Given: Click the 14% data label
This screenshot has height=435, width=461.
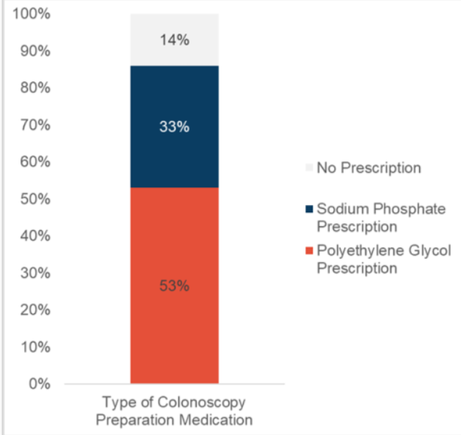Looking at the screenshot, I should (x=174, y=40).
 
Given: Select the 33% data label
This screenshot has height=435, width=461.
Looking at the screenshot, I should (x=174, y=126).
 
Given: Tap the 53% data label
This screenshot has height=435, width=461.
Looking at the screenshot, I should (x=174, y=286).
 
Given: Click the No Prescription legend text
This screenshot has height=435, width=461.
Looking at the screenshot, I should (x=369, y=168).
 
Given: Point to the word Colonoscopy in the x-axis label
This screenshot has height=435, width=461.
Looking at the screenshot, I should (x=199, y=403).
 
